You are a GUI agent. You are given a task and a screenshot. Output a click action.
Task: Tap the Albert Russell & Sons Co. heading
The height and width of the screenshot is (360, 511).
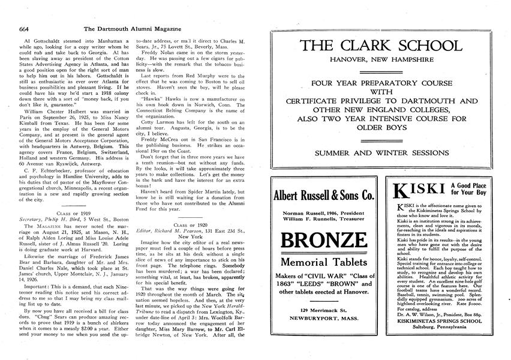[x=323, y=196]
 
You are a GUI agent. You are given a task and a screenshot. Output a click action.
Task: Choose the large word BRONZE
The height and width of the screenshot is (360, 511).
[x=323, y=241]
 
